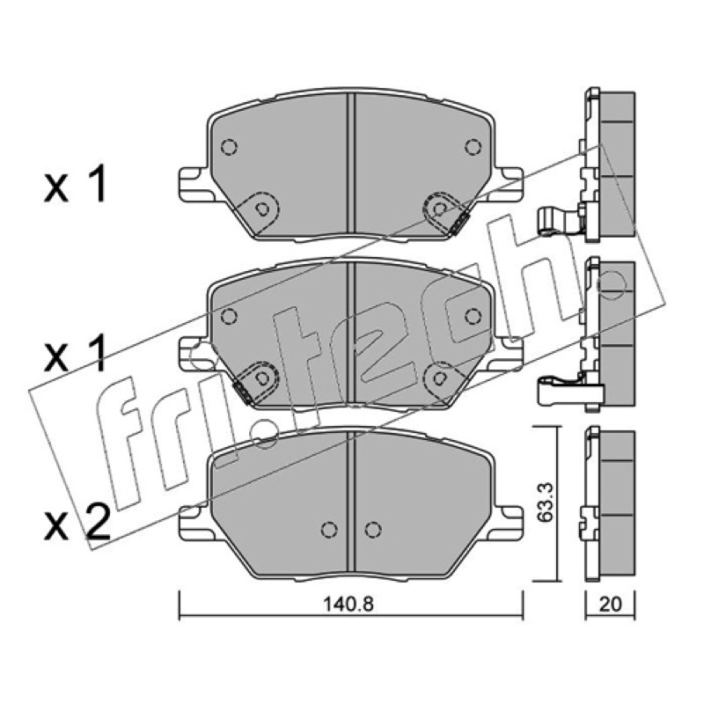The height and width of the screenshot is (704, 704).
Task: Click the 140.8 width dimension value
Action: [x=348, y=604]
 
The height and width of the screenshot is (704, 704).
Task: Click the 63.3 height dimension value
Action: [x=545, y=502]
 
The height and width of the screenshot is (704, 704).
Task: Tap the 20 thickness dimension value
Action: [x=611, y=604]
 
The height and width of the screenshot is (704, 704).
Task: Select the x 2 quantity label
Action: [x=77, y=522]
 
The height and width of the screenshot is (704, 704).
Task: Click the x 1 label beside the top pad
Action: [x=76, y=184]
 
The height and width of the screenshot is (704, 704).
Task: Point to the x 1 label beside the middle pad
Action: [x=76, y=354]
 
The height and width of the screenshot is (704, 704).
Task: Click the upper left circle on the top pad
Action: [x=229, y=146]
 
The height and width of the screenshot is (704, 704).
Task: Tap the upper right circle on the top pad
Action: [x=473, y=146]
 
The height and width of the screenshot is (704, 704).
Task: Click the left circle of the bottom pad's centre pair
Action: [x=329, y=530]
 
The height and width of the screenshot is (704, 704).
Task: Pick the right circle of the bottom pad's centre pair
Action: [x=373, y=530]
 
